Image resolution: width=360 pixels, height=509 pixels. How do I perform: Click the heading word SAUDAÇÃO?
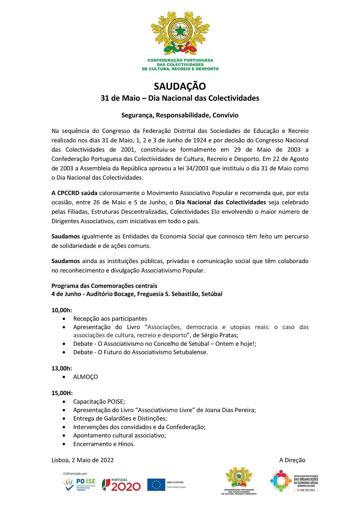tap(180, 86)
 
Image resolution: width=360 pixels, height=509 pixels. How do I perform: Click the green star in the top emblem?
tap(180, 31)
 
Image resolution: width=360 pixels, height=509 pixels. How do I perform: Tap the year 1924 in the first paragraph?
tap(200, 140)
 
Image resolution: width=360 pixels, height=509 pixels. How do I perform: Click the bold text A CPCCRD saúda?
tap(74, 193)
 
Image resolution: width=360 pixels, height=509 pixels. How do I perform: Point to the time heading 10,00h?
tap(62, 310)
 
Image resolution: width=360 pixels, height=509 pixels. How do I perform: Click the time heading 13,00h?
tap(62, 368)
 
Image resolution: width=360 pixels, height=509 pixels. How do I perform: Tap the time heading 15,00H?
tap(62, 393)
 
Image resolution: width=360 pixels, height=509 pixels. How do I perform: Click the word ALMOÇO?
tap(86, 377)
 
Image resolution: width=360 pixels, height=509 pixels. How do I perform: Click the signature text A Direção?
tap(292, 460)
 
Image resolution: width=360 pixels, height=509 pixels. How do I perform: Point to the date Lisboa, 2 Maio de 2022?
tap(83, 460)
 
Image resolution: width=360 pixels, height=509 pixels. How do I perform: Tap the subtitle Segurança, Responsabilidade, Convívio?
tap(180, 115)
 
